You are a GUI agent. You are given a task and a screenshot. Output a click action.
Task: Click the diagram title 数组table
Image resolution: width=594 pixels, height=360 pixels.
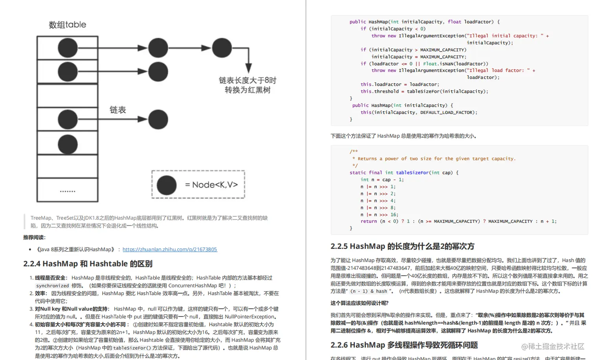tap(67, 25)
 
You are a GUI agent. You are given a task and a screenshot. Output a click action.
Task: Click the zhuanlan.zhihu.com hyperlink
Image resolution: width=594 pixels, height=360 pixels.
tap(169, 249)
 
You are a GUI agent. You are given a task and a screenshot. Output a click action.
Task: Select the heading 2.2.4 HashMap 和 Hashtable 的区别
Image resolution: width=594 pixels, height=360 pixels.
tap(88, 264)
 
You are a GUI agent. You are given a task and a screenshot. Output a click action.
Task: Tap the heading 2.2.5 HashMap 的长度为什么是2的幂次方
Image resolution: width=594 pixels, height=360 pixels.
tap(402, 247)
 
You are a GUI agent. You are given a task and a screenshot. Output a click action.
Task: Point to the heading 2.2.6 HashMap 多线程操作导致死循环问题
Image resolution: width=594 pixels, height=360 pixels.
tap(404, 345)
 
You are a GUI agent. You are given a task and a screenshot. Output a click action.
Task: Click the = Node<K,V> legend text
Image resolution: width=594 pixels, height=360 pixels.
tap(211, 185)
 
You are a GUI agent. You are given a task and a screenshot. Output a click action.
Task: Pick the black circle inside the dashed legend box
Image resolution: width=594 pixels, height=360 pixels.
tap(167, 185)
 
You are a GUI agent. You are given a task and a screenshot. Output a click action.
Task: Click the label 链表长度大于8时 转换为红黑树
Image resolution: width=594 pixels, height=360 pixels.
tap(247, 85)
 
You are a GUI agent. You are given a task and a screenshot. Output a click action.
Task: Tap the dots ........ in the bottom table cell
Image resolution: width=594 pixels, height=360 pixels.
tap(68, 192)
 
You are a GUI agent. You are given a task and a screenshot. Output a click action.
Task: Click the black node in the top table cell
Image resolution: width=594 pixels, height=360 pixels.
tap(68, 48)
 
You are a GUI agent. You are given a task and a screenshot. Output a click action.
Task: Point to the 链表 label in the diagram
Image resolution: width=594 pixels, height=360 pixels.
tap(117, 110)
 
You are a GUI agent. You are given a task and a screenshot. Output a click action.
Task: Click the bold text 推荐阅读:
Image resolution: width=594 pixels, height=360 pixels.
tap(35, 238)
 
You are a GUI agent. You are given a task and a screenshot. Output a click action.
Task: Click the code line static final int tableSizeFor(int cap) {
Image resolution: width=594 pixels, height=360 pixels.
tap(404, 173)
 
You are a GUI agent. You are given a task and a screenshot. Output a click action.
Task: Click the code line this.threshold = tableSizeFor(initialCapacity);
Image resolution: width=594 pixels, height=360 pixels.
tap(424, 91)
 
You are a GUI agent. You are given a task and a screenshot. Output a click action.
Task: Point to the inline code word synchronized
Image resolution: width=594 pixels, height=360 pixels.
tap(52, 286)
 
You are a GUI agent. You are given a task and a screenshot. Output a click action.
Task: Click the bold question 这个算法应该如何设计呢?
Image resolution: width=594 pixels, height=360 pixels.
tap(359, 303)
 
